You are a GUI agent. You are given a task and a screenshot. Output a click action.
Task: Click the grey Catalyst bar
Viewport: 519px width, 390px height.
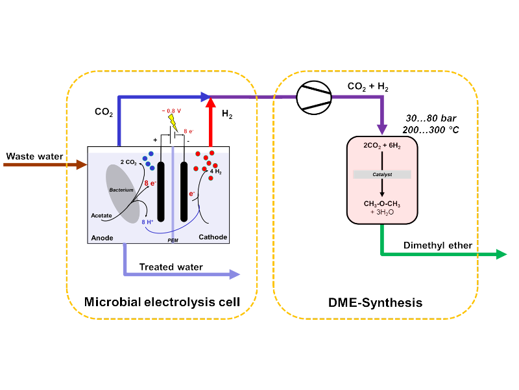coord(382,175)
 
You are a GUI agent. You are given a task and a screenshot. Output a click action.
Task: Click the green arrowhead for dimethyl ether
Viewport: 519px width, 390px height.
coord(500,254)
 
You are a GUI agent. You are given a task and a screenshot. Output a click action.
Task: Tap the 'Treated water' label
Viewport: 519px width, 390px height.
coord(171,267)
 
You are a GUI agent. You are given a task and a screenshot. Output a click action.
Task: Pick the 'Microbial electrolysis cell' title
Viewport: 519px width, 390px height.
coord(162,302)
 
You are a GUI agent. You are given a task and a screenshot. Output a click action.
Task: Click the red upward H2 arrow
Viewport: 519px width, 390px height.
coord(210,117)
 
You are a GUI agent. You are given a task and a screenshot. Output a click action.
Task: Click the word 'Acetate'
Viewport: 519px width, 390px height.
coord(101,215)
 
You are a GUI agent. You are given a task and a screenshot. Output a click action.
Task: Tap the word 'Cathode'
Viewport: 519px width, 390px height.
coord(213,237)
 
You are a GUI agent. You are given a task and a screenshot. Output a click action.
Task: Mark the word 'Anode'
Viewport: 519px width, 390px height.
coord(103,237)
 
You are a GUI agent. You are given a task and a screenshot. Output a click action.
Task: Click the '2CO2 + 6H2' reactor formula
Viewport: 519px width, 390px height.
coord(382,146)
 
